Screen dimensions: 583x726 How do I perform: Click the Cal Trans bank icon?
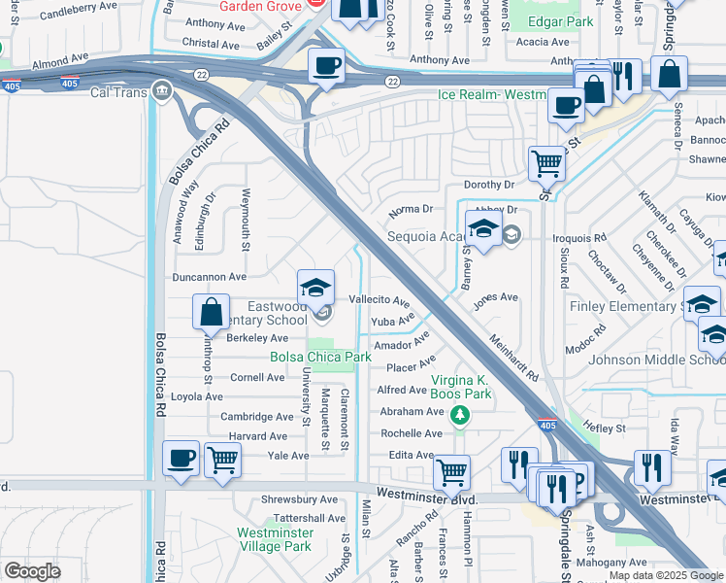(161, 92)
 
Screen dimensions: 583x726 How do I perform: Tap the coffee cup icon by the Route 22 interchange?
(326, 66)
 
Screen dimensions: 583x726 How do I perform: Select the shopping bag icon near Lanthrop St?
(211, 313)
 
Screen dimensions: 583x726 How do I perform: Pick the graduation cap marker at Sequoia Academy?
(483, 229)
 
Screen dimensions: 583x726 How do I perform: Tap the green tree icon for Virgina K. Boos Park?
(461, 416)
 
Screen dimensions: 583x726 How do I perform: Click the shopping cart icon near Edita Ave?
(452, 473)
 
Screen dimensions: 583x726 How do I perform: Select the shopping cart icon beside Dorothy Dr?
(547, 163)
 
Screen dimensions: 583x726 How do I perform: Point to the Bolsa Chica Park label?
(320, 358)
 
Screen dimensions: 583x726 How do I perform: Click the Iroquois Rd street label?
(578, 236)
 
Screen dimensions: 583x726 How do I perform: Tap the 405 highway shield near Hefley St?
(546, 425)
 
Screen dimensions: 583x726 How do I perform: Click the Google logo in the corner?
(31, 571)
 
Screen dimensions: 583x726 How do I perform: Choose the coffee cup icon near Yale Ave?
(181, 458)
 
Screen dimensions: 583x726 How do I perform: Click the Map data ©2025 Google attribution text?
(665, 575)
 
